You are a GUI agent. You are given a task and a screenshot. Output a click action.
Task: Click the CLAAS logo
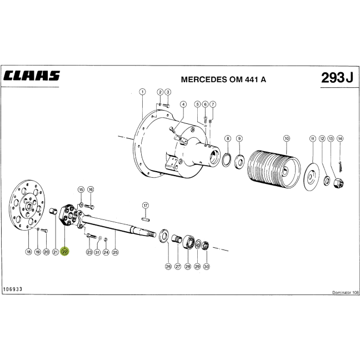(32, 76)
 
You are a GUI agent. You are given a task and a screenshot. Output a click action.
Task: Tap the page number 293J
(337, 78)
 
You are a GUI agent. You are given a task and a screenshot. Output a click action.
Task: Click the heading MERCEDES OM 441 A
(223, 79)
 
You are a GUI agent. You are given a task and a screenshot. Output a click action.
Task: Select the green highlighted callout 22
(64, 252)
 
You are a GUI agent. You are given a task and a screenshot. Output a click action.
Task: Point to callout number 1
(142, 92)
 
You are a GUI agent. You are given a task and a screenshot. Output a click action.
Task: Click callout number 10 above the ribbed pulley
(287, 138)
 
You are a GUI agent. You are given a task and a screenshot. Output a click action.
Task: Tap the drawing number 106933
(13, 289)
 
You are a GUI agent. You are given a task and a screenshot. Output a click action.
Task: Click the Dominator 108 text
(345, 292)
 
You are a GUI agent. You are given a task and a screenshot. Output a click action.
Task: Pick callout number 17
(146, 205)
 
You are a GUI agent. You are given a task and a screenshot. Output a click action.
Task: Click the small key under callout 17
(146, 219)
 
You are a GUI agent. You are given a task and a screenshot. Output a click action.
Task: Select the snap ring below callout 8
(227, 159)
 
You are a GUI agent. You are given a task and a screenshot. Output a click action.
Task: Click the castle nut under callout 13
(338, 183)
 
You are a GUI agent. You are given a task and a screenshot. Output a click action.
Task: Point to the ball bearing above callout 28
(189, 242)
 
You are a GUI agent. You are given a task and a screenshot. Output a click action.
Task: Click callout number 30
(207, 266)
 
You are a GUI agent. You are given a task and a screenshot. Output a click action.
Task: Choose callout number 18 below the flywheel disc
(28, 252)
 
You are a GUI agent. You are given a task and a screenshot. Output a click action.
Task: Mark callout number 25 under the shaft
(115, 252)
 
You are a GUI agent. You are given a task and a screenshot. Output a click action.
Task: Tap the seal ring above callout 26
(164, 236)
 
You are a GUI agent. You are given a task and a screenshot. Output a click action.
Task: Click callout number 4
(183, 104)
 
